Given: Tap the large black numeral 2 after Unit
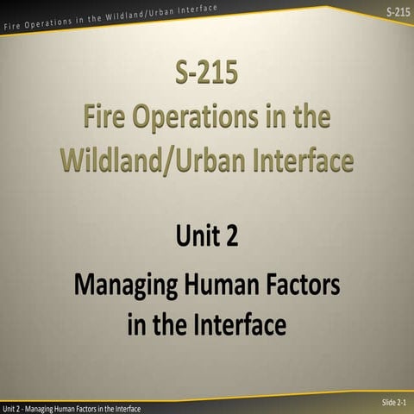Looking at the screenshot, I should click(x=232, y=235).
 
